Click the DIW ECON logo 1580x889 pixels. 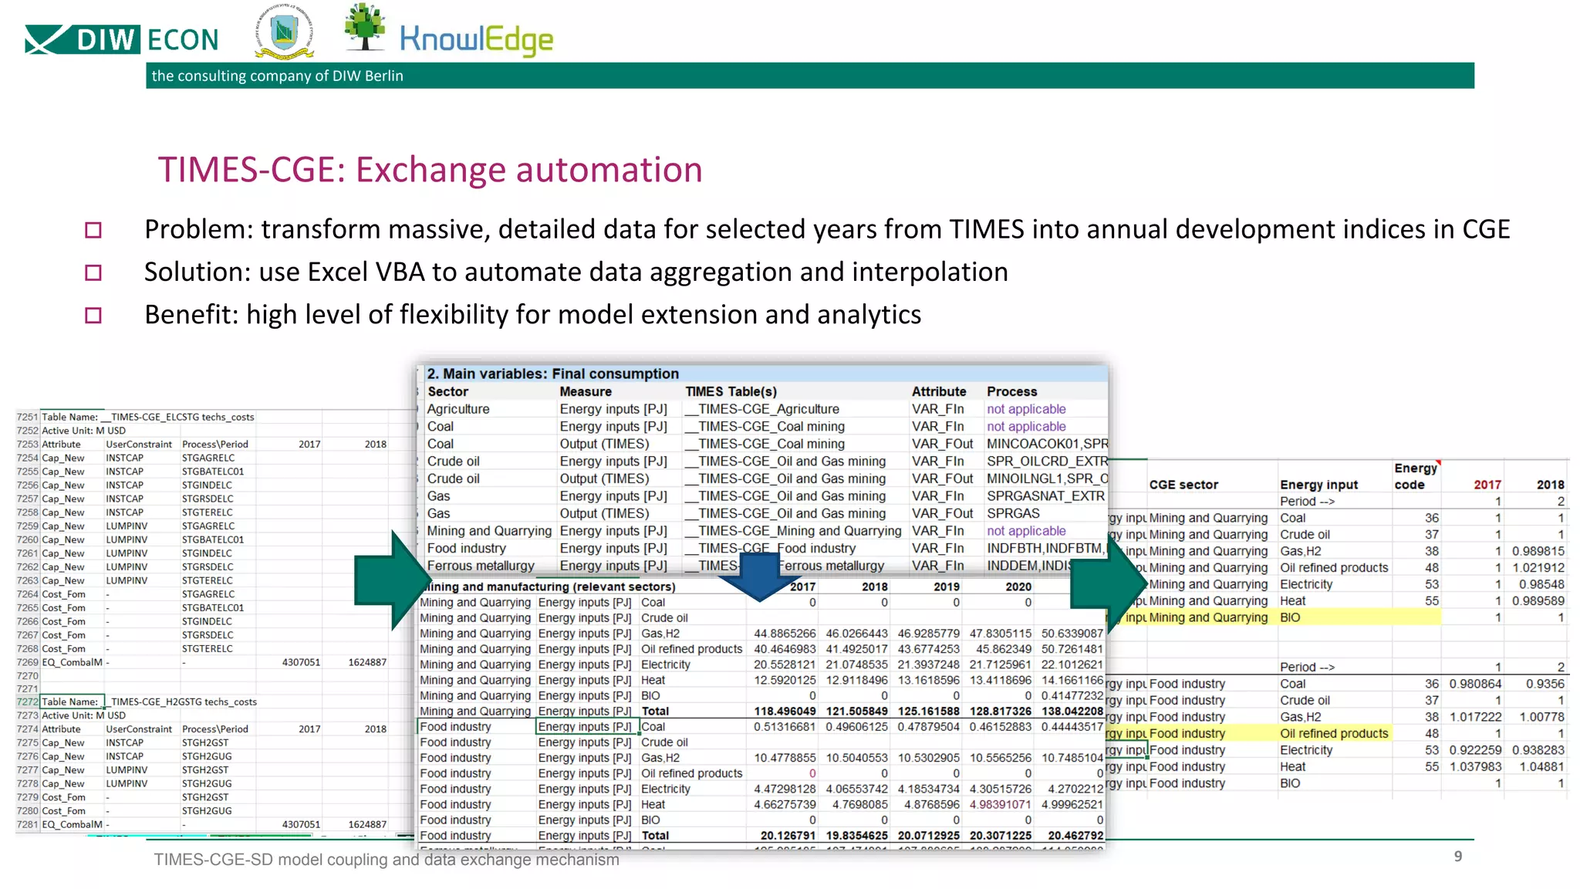click(122, 39)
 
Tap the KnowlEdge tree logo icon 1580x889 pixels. click(365, 27)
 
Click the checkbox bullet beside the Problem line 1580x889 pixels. click(93, 230)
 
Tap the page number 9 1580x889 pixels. click(1457, 856)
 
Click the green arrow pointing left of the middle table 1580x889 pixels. click(388, 580)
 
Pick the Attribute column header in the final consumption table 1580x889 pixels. click(938, 392)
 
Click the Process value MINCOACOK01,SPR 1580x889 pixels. click(1046, 444)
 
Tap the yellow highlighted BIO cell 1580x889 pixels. click(1290, 617)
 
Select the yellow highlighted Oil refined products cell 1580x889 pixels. click(1334, 733)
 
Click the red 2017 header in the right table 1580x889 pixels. click(1487, 485)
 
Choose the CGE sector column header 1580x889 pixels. click(1183, 485)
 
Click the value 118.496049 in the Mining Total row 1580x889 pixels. click(785, 712)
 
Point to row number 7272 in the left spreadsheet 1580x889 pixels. click(27, 701)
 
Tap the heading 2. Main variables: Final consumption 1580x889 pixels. click(553, 374)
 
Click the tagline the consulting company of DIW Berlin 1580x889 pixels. click(277, 76)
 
